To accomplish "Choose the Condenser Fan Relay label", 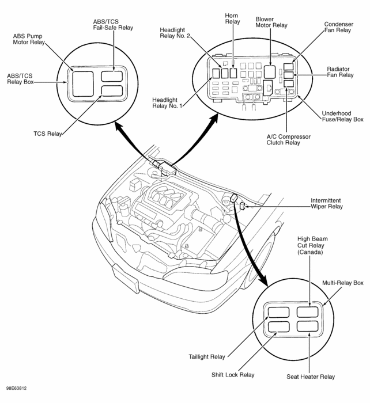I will point(338,28).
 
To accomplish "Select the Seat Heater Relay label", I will point(310,377).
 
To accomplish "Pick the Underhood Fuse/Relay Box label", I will point(342,116).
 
